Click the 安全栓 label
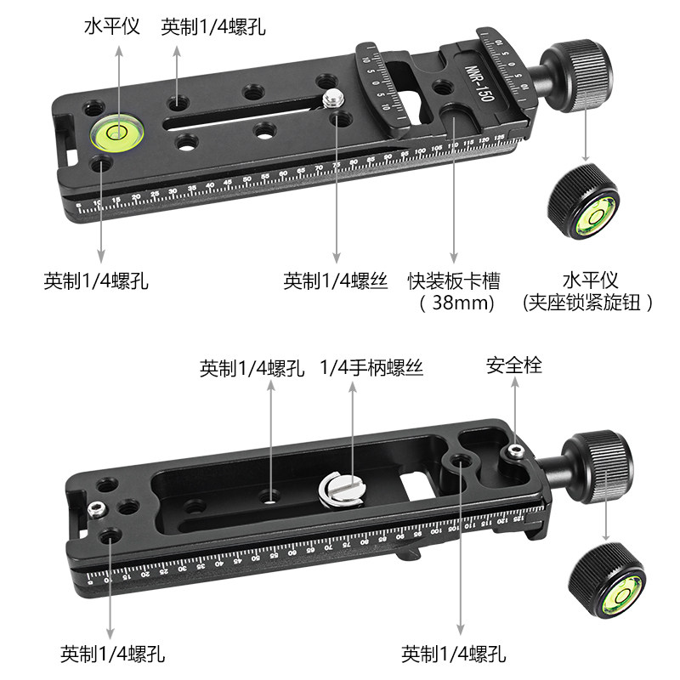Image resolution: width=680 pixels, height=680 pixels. pos(513,365)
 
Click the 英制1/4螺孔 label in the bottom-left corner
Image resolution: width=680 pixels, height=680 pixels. pos(112,654)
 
